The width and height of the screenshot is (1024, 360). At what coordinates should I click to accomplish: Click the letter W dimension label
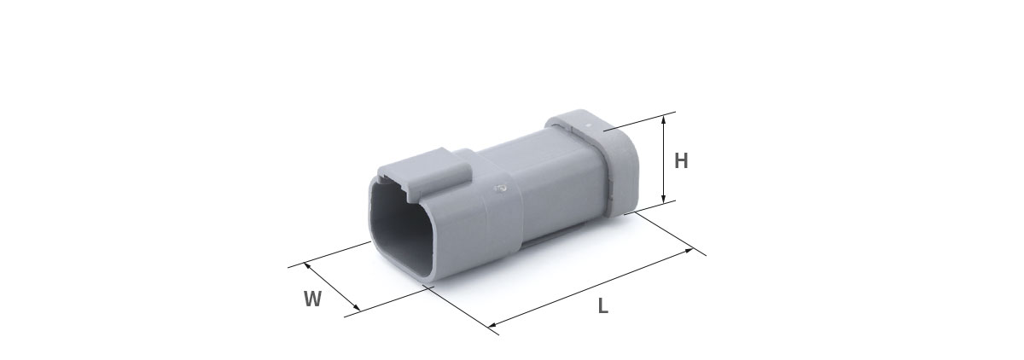pyautogui.click(x=312, y=299)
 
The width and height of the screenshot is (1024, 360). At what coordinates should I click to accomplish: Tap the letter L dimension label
pyautogui.click(x=603, y=305)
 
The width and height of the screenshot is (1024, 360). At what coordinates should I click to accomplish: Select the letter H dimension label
pyautogui.click(x=681, y=161)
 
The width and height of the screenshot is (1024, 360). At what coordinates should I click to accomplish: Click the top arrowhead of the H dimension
pyautogui.click(x=664, y=119)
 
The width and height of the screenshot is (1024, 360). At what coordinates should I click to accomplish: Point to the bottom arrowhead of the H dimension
pyautogui.click(x=664, y=198)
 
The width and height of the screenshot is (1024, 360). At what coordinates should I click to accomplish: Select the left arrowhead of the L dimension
pyautogui.click(x=493, y=325)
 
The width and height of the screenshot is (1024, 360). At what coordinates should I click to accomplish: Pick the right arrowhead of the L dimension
pyautogui.click(x=689, y=251)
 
